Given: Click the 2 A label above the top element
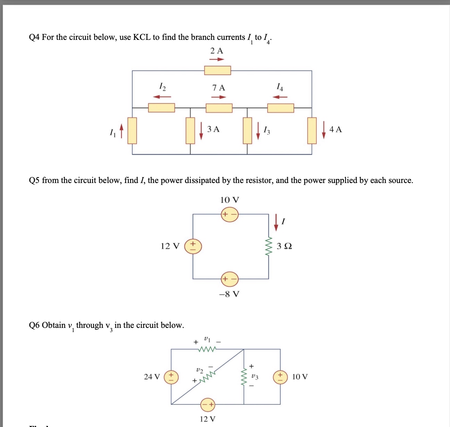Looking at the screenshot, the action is pos(217,51).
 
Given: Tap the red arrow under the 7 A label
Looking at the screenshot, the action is pos(218,97).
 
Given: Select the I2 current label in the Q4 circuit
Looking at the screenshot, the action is pos(162,86).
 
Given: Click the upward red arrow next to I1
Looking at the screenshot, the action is pos(121,131).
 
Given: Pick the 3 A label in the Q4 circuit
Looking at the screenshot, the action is pos(213,129).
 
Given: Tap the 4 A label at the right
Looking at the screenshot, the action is pos(335,130).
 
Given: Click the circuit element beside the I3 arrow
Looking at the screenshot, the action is pos(247,131).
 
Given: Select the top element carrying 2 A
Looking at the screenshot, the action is pos(217,71).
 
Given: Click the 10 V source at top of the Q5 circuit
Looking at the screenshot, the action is pos(230,214).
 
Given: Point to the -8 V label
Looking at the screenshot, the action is pos(229,294).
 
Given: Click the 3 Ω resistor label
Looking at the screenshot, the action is pos(284,246).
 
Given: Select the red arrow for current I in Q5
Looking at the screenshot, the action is pos(276,222).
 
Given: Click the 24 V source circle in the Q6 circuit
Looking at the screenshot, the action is pos(170,377).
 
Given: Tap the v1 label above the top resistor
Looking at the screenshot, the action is pos(207,338).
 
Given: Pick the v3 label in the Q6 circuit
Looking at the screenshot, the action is pos(255,376).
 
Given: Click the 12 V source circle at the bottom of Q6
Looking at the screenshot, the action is pos(208,404).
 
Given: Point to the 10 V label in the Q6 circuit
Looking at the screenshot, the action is pos(300,377).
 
